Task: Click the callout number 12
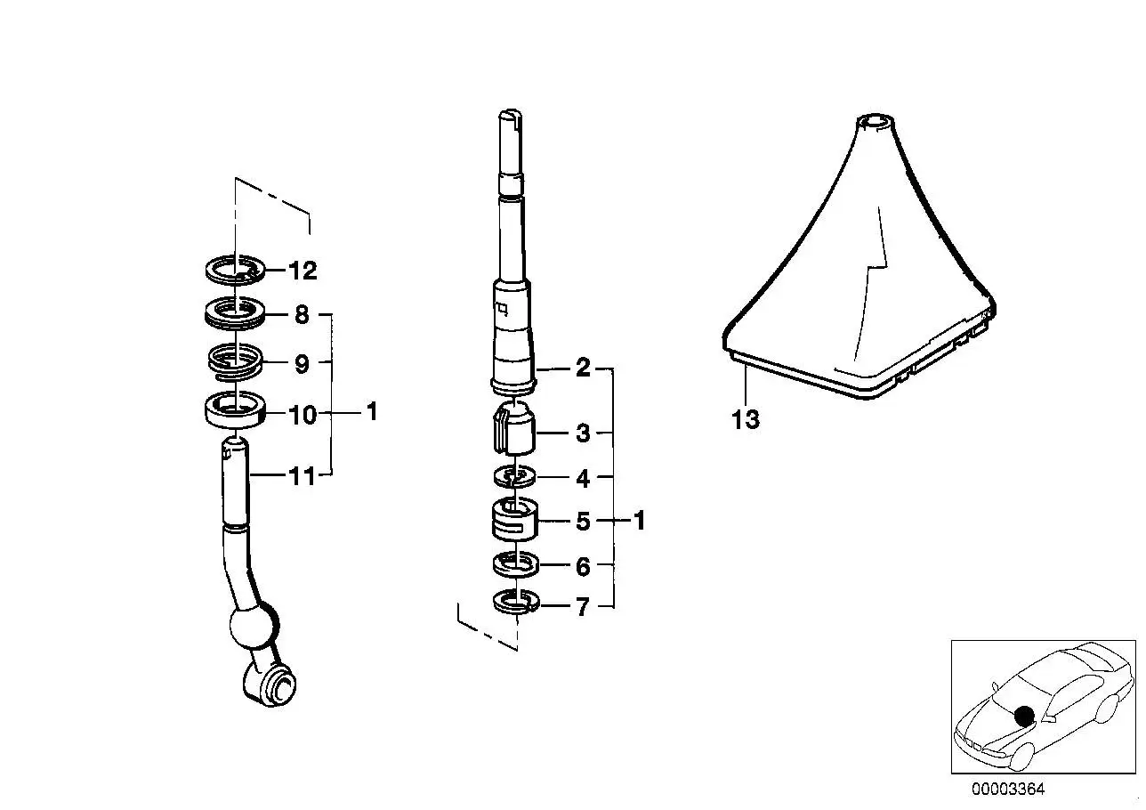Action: pos(303,271)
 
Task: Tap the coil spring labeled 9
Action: pos(235,361)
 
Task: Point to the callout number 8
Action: pos(302,315)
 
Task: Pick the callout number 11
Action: pos(302,476)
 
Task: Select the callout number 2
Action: pos(583,368)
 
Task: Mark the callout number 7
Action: pos(583,607)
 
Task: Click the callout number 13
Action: pos(746,419)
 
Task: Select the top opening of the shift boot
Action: pos(876,122)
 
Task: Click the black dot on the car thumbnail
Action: pos(1024,716)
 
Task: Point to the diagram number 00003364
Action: pos(1008,789)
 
